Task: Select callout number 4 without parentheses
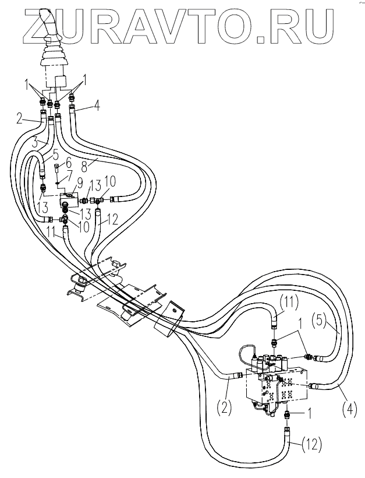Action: tap(97, 106)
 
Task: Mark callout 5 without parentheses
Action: tap(56, 156)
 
